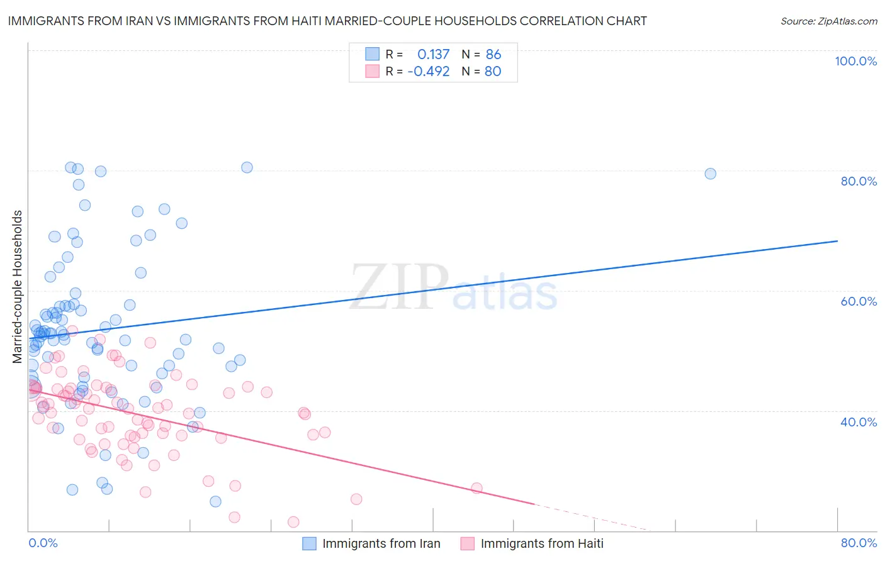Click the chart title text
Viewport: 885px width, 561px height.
point(327,21)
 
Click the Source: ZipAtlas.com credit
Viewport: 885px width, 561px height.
point(828,21)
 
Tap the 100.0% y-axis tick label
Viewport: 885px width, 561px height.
point(855,61)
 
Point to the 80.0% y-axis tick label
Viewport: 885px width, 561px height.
point(859,181)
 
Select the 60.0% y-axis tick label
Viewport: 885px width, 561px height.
point(859,301)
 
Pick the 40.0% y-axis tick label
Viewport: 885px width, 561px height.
point(859,422)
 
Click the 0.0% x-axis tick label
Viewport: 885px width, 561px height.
point(43,543)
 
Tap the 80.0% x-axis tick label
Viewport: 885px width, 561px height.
point(859,543)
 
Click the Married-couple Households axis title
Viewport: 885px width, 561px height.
point(18,287)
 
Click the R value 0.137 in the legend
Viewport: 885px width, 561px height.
point(433,55)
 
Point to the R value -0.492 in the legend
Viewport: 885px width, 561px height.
point(429,72)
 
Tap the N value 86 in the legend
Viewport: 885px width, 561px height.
point(493,55)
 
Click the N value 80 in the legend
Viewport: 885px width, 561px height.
point(493,72)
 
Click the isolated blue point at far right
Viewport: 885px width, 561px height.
point(710,174)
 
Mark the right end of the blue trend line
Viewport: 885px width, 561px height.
point(837,241)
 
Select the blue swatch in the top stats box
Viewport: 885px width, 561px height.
point(373,54)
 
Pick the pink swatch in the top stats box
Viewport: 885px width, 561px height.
point(373,71)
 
